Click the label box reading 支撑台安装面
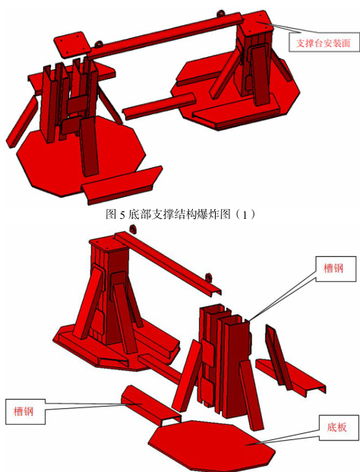(324, 43)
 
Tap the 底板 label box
(339, 427)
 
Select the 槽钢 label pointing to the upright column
(336, 269)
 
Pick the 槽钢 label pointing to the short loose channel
(25, 411)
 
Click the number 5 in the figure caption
(122, 215)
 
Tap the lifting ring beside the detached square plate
(99, 44)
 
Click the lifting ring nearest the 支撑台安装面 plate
(220, 14)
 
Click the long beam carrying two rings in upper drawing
(165, 35)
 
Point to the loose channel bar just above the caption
(122, 185)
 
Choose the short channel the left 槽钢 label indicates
(151, 405)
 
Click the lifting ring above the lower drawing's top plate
(132, 229)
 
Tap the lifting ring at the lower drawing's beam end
(208, 277)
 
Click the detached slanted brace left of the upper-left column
(21, 122)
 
